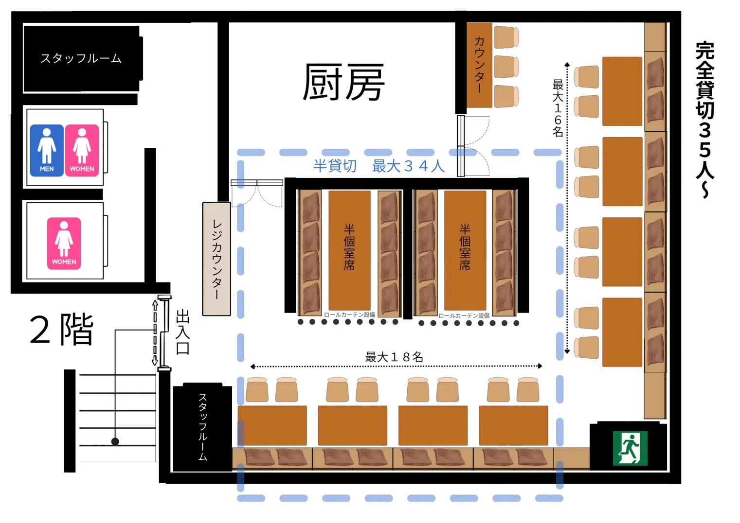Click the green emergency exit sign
(x=630, y=448)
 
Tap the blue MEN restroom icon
(x=47, y=150)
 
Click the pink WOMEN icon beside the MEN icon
(x=82, y=150)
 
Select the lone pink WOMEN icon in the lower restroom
(x=64, y=243)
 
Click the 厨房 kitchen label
(x=343, y=83)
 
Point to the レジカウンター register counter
(x=217, y=259)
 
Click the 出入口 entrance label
(x=182, y=332)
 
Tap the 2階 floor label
(x=62, y=330)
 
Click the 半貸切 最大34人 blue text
(x=379, y=166)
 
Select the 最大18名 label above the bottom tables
(x=394, y=357)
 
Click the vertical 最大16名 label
(x=558, y=108)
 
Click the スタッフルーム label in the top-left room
(x=81, y=59)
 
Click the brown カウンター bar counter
(x=479, y=65)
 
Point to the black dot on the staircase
(x=115, y=441)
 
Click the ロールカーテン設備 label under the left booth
(x=349, y=315)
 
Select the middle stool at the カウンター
(x=506, y=67)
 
